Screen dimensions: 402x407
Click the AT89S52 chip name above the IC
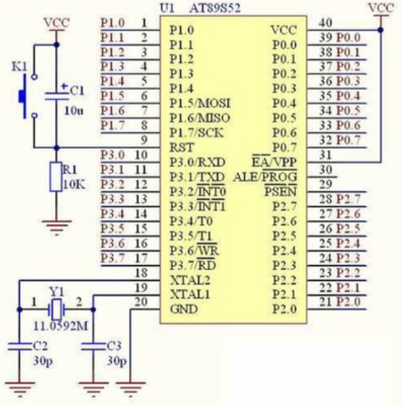[215, 8]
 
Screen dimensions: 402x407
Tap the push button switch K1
[28, 96]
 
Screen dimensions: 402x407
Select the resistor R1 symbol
[56, 177]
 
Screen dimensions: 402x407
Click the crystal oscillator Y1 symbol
[56, 309]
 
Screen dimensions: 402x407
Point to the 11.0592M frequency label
[61, 327]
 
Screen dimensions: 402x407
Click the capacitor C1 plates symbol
[56, 96]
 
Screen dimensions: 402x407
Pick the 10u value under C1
[74, 111]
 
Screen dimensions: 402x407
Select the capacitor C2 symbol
[20, 346]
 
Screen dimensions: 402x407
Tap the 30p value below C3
[117, 361]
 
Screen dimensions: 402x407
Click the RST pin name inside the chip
[182, 148]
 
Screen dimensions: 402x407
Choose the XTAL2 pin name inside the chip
[190, 280]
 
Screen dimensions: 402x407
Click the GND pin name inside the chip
[184, 309]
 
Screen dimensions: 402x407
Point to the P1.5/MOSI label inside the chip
[200, 104]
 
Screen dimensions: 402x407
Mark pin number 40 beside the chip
[325, 23]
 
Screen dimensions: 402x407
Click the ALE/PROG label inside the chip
[265, 177]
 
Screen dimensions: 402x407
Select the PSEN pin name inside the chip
[280, 192]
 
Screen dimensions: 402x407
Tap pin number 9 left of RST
[144, 140]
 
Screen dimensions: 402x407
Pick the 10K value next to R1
[74, 185]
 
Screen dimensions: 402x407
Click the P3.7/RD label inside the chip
[193, 265]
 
